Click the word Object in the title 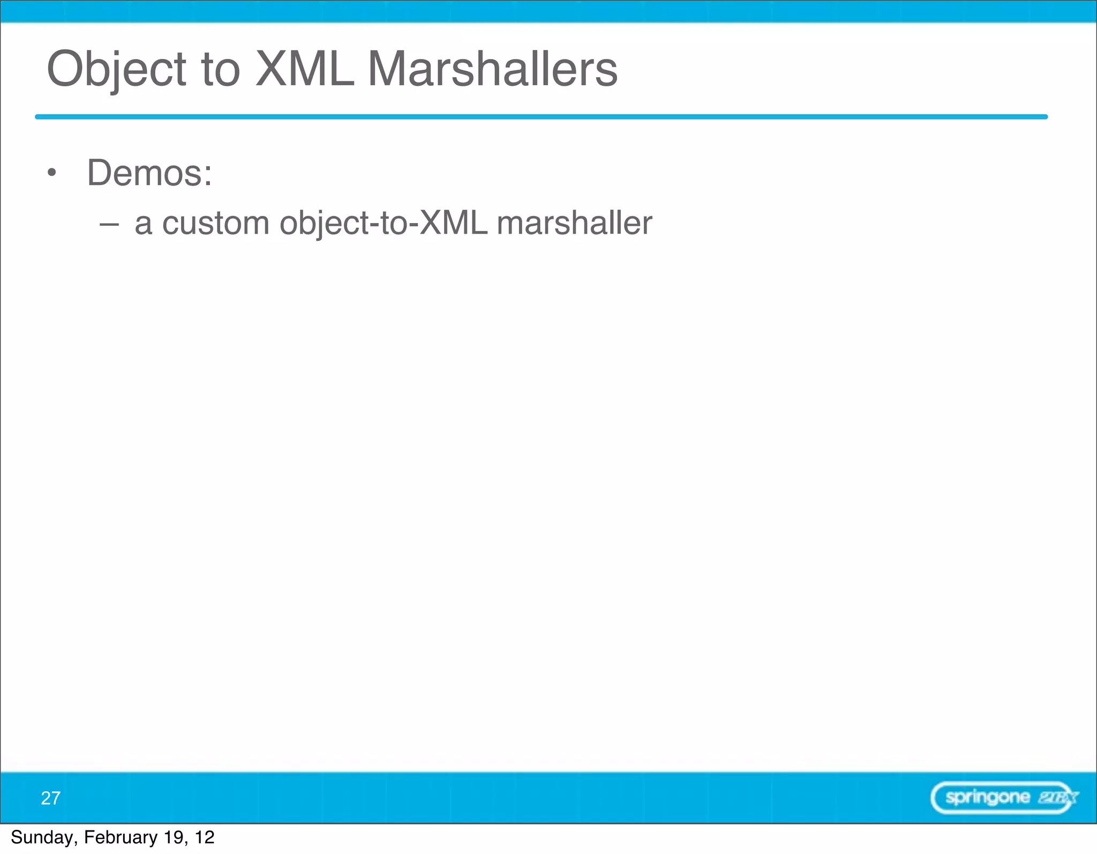117,70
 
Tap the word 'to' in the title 220,70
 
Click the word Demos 144,173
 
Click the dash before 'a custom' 109,224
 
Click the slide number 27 50,798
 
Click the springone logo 1004,798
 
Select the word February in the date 121,837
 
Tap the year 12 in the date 205,837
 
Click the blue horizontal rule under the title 541,117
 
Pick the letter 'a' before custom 143,224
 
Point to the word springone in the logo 987,797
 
